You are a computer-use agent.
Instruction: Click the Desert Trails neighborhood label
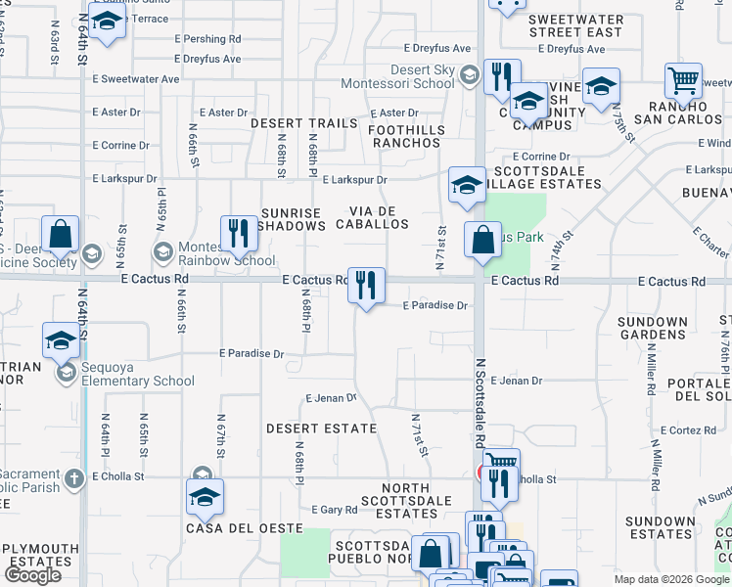click(x=304, y=123)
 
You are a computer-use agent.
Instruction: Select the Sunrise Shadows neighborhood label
click(x=292, y=219)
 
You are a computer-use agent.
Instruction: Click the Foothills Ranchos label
click(x=408, y=136)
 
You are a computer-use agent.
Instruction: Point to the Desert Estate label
click(x=321, y=429)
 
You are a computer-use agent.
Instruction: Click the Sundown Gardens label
click(x=654, y=328)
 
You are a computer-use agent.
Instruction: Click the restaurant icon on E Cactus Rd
click(x=366, y=285)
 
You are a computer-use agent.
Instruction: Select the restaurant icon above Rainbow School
click(x=239, y=233)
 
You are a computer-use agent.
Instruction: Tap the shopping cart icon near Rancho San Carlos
click(x=683, y=80)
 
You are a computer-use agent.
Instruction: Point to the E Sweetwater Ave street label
click(x=136, y=79)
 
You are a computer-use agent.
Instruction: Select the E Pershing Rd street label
click(x=207, y=39)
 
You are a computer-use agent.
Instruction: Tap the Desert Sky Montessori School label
click(x=424, y=76)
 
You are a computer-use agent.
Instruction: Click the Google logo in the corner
click(x=32, y=575)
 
